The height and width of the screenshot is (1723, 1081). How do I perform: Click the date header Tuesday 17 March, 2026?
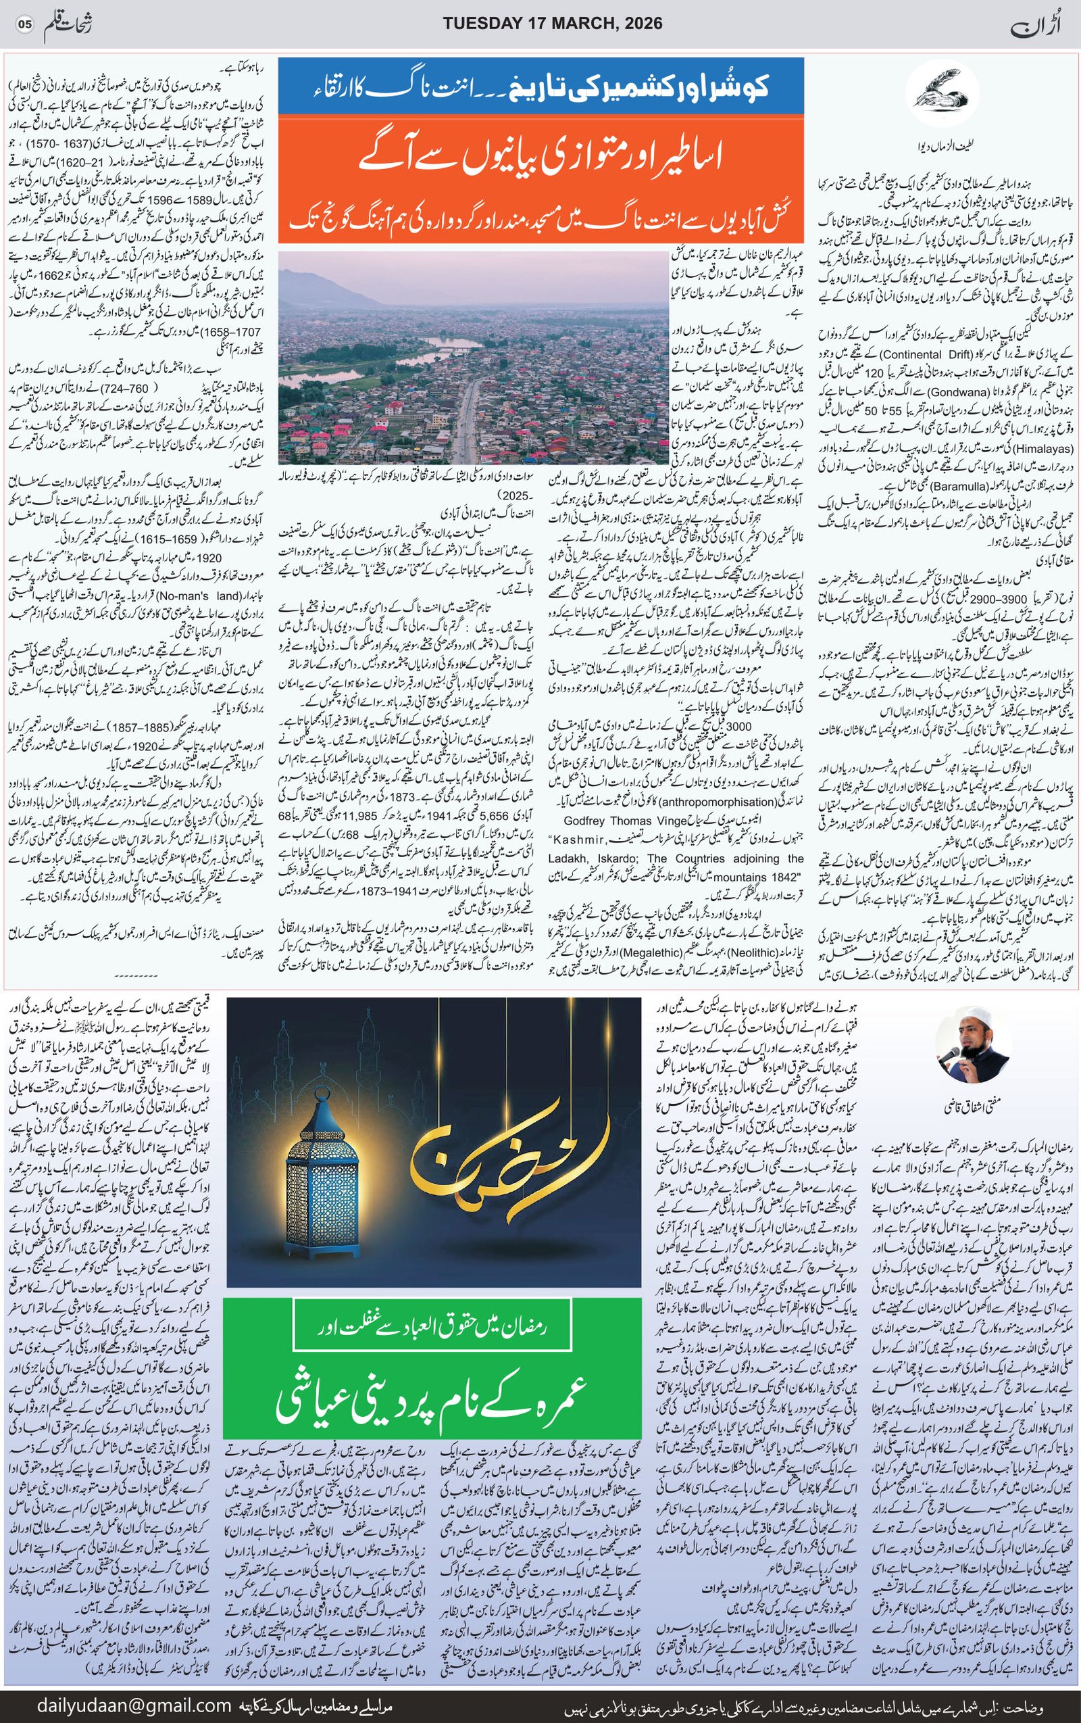pyautogui.click(x=553, y=24)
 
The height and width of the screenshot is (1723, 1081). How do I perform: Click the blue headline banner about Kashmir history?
pyautogui.click(x=540, y=87)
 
